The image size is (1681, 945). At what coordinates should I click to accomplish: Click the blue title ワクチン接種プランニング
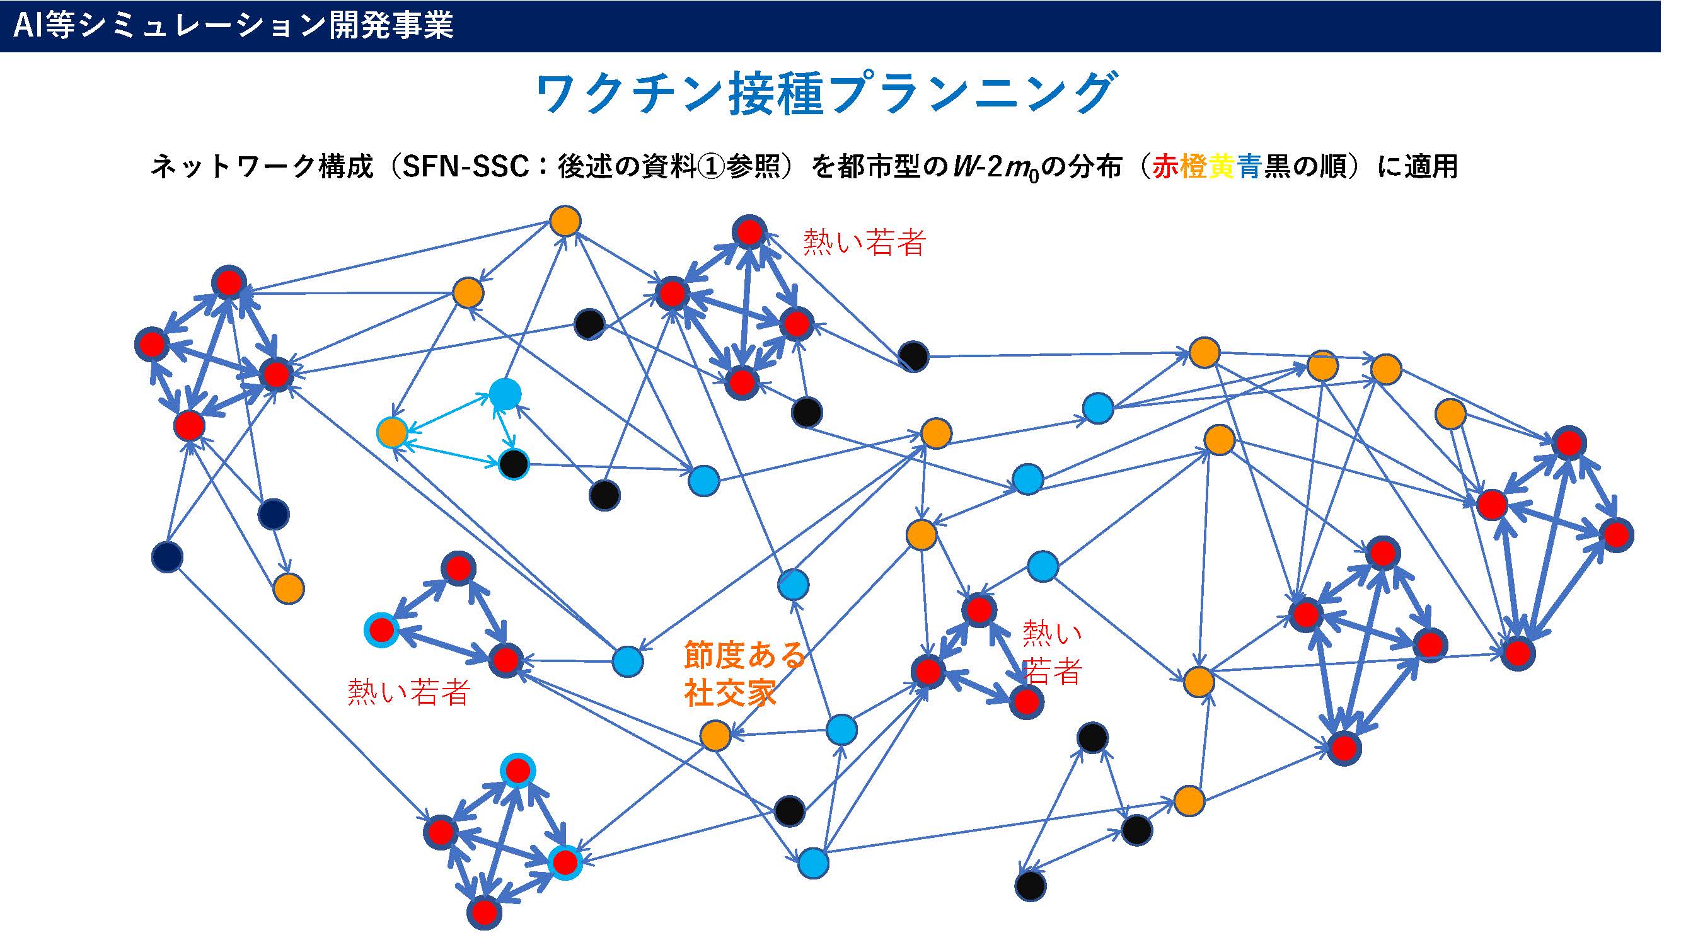coord(827,94)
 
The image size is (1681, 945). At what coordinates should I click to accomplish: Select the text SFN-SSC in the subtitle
coord(465,167)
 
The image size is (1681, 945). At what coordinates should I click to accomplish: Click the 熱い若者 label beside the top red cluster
coord(865,242)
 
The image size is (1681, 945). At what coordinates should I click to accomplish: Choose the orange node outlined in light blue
coord(392,432)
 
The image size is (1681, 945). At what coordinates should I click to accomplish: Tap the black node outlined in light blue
coord(514,464)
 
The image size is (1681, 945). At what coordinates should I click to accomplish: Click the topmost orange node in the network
coord(565,221)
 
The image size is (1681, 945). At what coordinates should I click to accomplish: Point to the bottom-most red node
coord(484,912)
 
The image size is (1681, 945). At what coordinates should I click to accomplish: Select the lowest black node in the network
coord(1031,886)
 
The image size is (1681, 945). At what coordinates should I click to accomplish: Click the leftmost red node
coord(152,345)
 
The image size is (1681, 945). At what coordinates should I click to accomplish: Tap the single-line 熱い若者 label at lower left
coord(409,692)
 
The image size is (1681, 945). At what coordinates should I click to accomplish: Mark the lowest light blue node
coord(813,863)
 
